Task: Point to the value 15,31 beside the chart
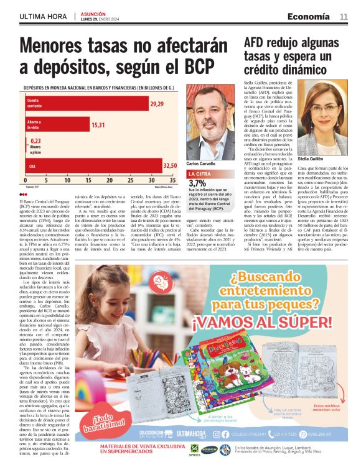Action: click(98, 125)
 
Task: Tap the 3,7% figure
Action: click(197, 184)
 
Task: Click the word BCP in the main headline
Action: click(198, 66)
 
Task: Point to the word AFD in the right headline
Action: click(256, 43)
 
